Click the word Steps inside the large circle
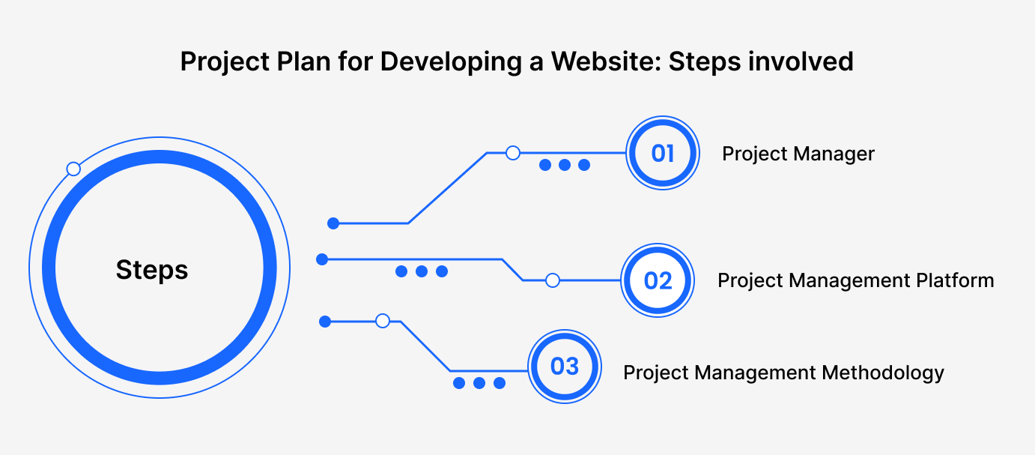point(152,271)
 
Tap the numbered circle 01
point(663,153)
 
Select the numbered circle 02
point(658,280)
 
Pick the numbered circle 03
point(565,367)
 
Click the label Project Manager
point(798,154)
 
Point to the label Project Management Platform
point(856,280)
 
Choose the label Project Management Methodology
point(783,373)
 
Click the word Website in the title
point(610,61)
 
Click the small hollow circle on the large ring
point(73,169)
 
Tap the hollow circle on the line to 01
point(513,153)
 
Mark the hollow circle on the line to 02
point(553,280)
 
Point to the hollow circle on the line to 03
point(383,320)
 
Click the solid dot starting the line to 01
point(333,223)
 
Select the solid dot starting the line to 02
point(322,259)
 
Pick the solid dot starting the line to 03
point(325,322)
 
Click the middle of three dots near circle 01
point(565,165)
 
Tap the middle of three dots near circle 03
point(479,383)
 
